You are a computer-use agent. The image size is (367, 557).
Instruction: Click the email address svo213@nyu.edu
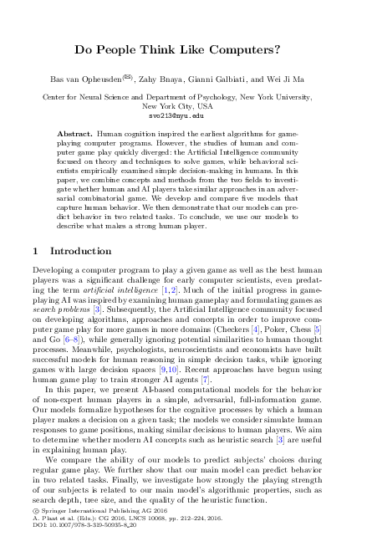tap(183, 116)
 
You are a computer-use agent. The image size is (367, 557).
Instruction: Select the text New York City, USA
tap(183, 107)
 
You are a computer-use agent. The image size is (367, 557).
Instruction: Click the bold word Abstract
tap(76, 134)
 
